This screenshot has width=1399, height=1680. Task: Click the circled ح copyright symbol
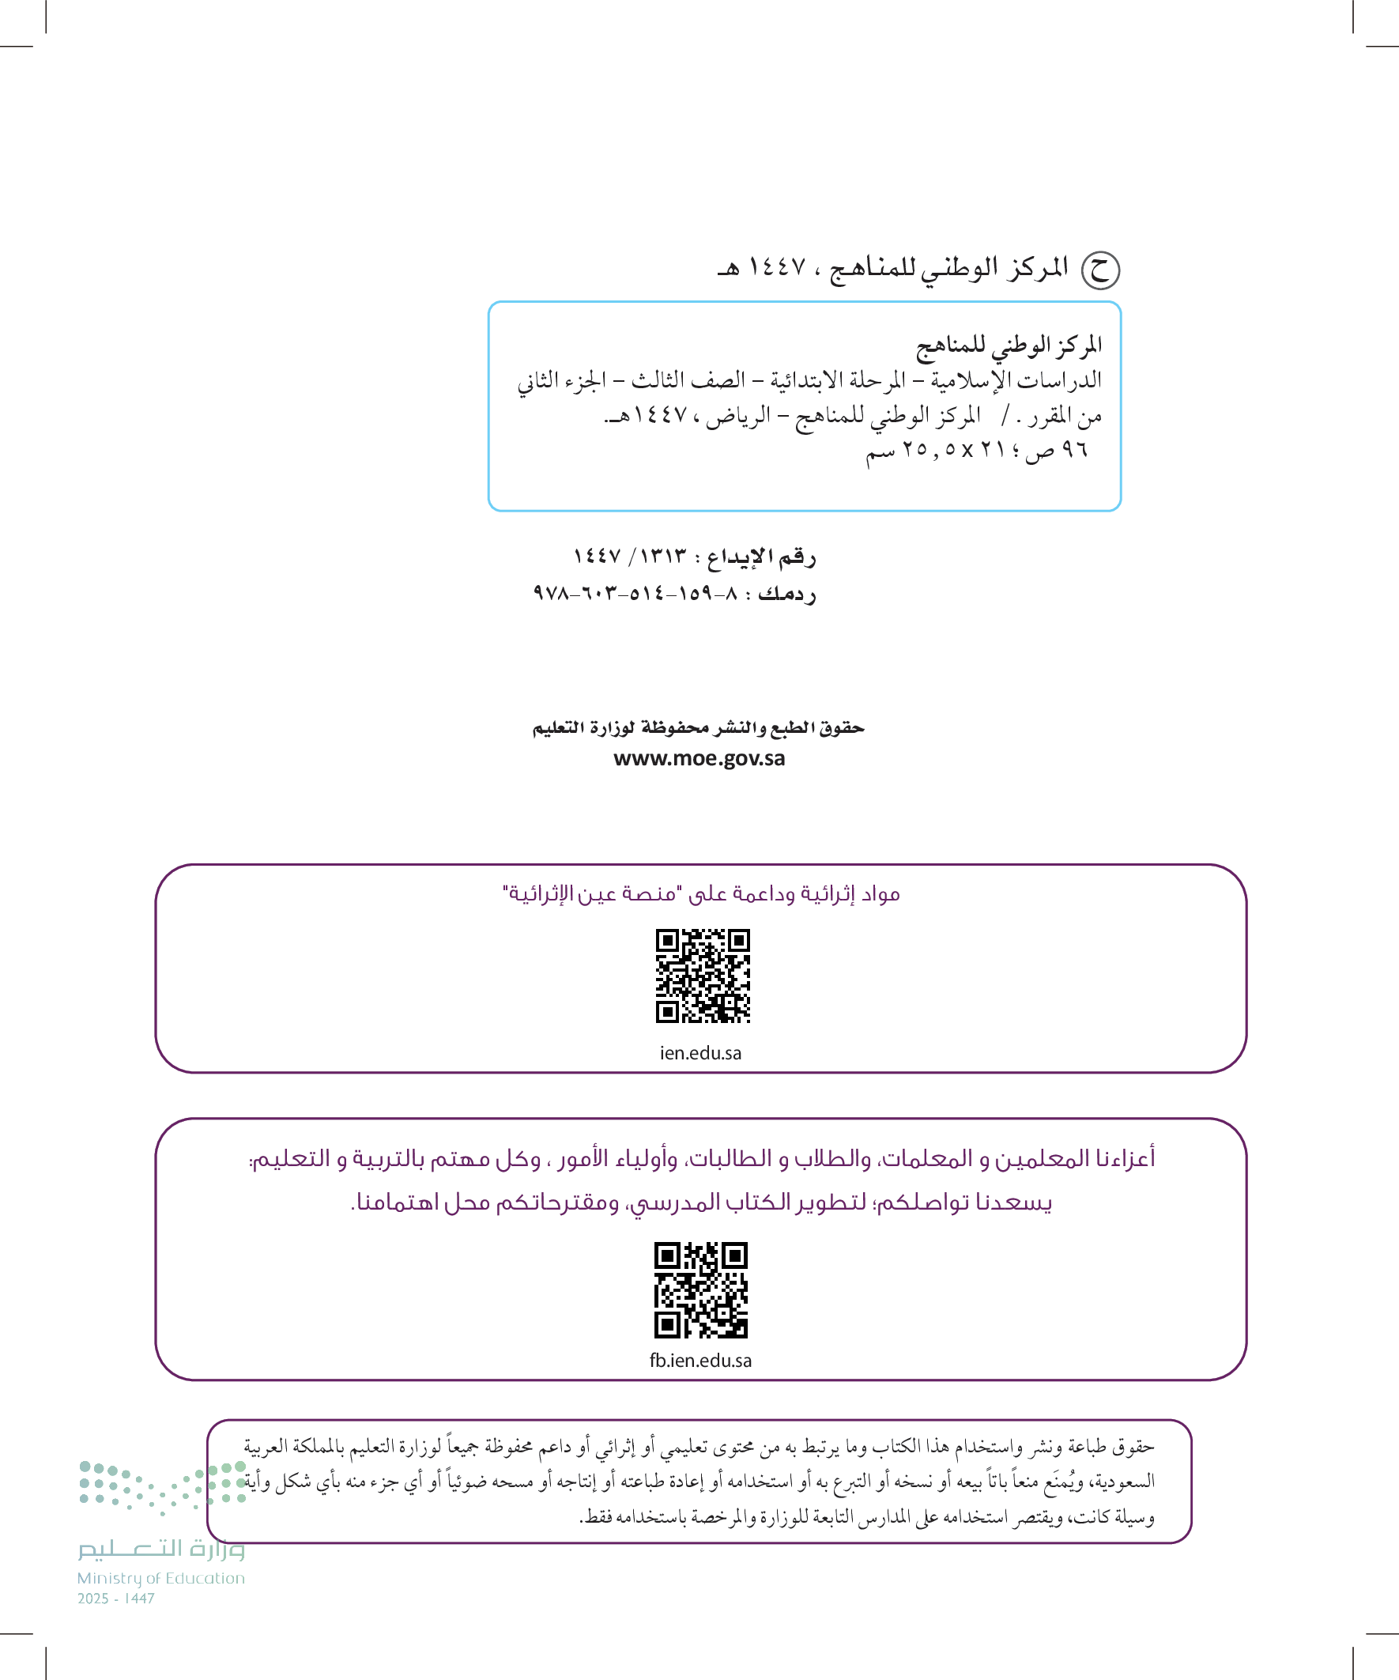tap(1100, 270)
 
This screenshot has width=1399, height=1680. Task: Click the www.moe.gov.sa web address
tap(699, 758)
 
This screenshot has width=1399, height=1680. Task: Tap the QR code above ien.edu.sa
tap(703, 976)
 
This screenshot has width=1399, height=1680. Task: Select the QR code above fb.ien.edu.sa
tap(701, 1289)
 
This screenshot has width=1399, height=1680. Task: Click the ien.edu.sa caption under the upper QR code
tap(701, 1053)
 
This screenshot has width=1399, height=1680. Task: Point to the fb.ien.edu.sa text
tap(701, 1361)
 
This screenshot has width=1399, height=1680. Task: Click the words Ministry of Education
tap(160, 1578)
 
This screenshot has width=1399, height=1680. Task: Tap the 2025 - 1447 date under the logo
tap(116, 1599)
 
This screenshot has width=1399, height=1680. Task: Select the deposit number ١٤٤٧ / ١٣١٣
tap(629, 555)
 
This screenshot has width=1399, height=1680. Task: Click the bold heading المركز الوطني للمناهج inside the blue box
tap(1009, 345)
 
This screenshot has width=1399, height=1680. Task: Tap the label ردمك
tap(787, 595)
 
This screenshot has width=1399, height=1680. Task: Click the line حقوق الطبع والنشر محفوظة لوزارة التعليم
tap(698, 728)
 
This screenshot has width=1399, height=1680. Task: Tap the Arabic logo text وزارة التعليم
tap(160, 1549)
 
